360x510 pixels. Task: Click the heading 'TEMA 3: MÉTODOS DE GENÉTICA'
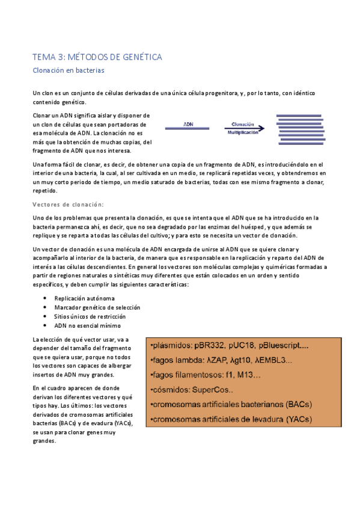[x=97, y=57]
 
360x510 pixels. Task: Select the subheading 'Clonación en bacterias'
[x=69, y=70]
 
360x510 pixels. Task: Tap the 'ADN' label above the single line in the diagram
[x=188, y=124]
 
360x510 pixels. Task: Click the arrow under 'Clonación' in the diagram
[x=243, y=127]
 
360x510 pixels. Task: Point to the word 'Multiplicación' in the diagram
[x=243, y=132]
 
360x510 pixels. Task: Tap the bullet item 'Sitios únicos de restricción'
[x=90, y=316]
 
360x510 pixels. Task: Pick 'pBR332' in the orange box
[x=220, y=346]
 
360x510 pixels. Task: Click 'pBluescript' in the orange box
[x=286, y=346]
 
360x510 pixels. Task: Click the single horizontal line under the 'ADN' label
[x=188, y=131]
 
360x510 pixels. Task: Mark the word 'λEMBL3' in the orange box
[x=271, y=360]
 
